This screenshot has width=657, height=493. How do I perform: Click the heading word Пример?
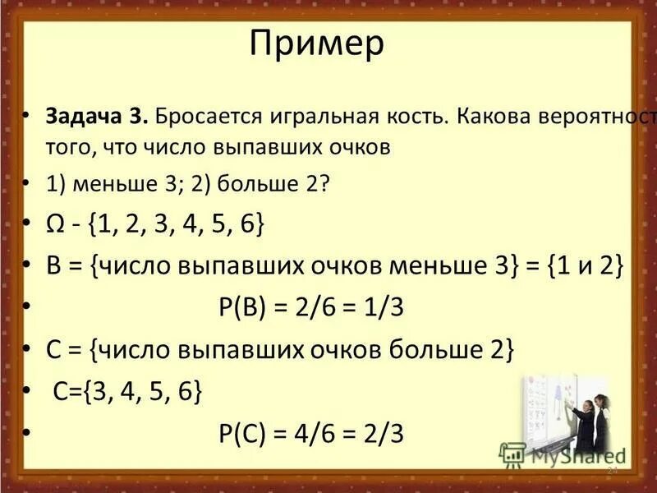pos(316,44)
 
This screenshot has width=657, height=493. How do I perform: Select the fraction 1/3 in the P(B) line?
pos(386,308)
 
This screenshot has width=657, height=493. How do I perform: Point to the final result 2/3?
pos(386,433)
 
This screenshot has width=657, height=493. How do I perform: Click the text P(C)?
pos(243,433)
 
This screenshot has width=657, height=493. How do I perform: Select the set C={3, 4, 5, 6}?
pos(127,392)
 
